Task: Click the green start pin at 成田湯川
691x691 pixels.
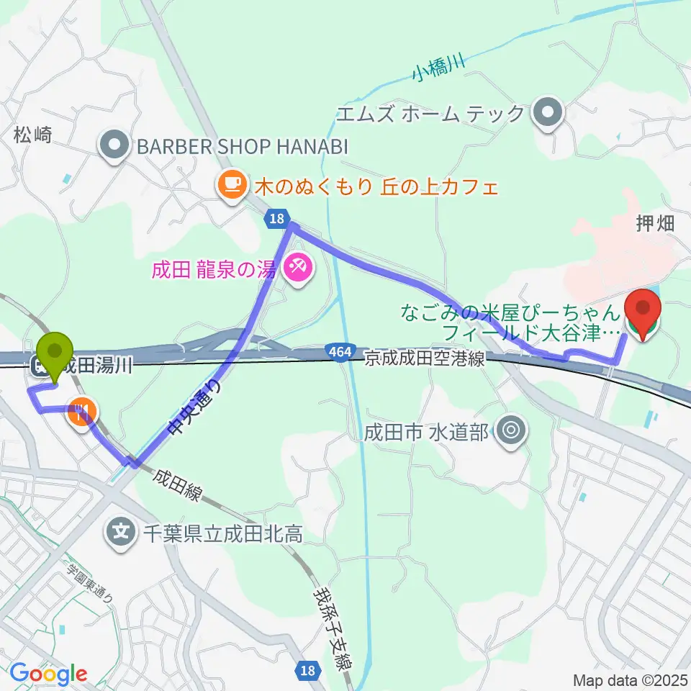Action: click(x=56, y=352)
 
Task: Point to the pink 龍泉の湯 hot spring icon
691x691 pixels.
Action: click(x=297, y=270)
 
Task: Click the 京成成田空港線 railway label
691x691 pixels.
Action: click(x=424, y=359)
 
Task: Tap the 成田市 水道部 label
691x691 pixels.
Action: click(x=427, y=431)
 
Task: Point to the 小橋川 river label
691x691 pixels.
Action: click(x=438, y=70)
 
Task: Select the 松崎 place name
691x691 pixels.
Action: click(x=32, y=134)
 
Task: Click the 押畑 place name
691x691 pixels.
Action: click(x=655, y=224)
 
